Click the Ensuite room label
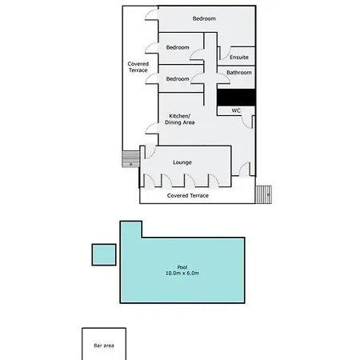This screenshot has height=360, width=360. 239,57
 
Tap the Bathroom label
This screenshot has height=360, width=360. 239,73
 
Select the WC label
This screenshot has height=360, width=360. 236,110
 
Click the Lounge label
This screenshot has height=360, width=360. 182,162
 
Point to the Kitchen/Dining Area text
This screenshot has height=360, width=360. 180,119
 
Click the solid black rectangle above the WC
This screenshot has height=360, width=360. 236,98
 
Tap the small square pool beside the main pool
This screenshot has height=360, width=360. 104,254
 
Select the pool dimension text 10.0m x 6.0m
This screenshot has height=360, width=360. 182,273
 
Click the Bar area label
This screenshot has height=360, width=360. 104,346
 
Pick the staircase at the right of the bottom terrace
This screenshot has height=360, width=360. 263,194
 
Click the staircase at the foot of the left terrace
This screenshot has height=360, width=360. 131,159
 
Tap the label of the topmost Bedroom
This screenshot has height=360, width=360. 204,18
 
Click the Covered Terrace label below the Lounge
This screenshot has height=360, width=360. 188,195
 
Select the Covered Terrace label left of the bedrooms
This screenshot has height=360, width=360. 138,67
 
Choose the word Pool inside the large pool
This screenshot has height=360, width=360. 182,267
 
